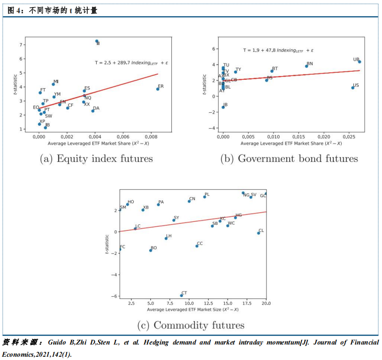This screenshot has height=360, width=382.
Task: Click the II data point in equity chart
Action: point(97,41)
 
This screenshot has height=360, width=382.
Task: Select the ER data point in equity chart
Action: point(158,89)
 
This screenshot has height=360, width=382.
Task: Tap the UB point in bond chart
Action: point(359,61)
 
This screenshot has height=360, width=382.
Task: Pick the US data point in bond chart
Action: point(353,88)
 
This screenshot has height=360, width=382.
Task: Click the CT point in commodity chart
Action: point(182,295)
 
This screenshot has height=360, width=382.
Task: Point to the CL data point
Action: point(259,233)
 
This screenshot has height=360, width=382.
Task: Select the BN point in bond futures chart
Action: point(306,66)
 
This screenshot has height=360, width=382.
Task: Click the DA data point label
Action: point(96,108)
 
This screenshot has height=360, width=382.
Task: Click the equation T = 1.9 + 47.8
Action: point(278,50)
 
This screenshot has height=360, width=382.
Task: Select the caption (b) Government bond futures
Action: point(289,159)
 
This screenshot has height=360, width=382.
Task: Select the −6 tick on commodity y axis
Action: point(114,296)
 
